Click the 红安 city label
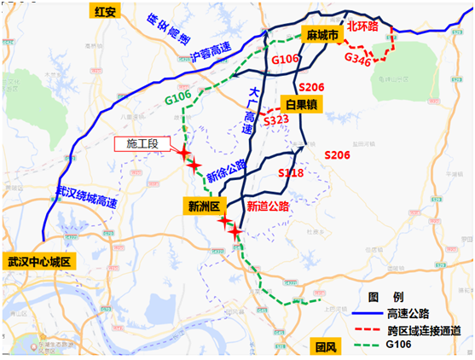[105, 12]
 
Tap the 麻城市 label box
[321, 34]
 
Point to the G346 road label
[357, 59]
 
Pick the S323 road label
[276, 121]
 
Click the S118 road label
[291, 173]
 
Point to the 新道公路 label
[268, 206]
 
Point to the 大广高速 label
[249, 107]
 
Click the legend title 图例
[379, 298]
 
